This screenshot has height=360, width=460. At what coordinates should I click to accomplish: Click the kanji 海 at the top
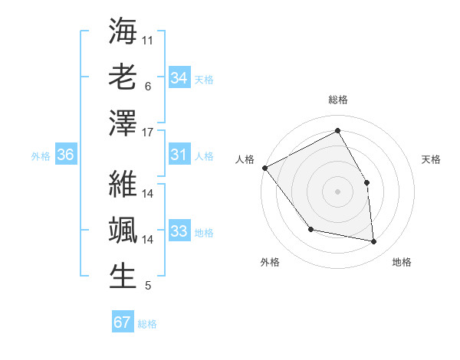point(123,32)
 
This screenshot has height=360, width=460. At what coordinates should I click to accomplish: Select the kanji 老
point(123,77)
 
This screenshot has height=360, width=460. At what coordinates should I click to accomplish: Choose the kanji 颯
point(123,230)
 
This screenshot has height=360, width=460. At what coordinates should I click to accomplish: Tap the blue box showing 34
point(179,78)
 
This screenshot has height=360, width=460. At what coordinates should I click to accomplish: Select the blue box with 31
point(179,155)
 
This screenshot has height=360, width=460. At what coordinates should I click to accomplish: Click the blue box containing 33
point(179,232)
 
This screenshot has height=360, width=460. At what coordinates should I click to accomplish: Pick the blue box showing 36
point(65,155)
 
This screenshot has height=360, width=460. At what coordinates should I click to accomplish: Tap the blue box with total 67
point(122,322)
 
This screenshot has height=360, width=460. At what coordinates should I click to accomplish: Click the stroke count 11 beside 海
point(148,39)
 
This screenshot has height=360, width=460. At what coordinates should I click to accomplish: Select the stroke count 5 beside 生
point(148,286)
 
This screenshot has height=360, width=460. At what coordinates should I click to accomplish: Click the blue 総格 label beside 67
point(147,324)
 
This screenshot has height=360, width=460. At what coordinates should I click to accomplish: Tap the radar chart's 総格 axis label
point(337,100)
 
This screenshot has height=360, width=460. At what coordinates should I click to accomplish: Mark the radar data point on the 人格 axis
point(264,168)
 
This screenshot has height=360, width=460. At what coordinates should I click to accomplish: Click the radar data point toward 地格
point(373,241)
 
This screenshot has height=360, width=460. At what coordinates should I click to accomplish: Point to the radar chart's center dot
point(337,191)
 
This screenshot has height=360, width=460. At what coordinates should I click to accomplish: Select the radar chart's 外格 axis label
point(270,262)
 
